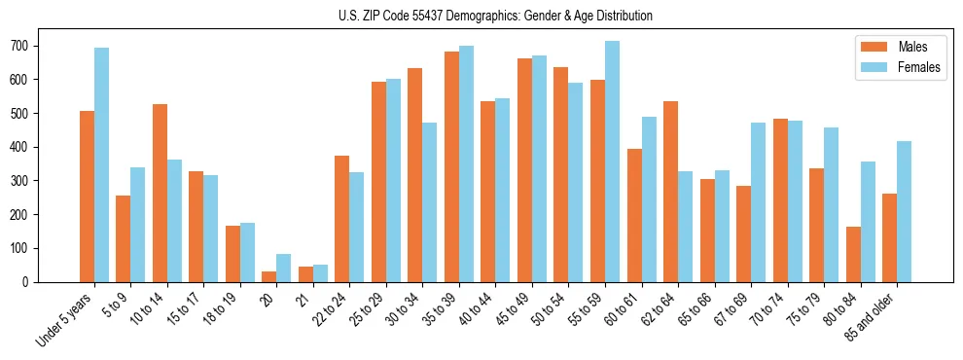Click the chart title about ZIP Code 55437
481,16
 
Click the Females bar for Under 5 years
101,165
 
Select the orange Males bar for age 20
269,276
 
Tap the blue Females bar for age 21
321,273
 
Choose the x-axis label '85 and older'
873,316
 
